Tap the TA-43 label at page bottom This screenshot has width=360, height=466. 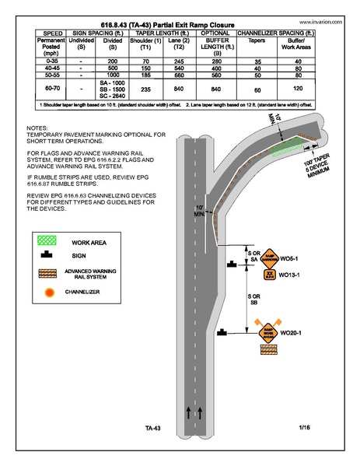(x=152, y=428)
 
